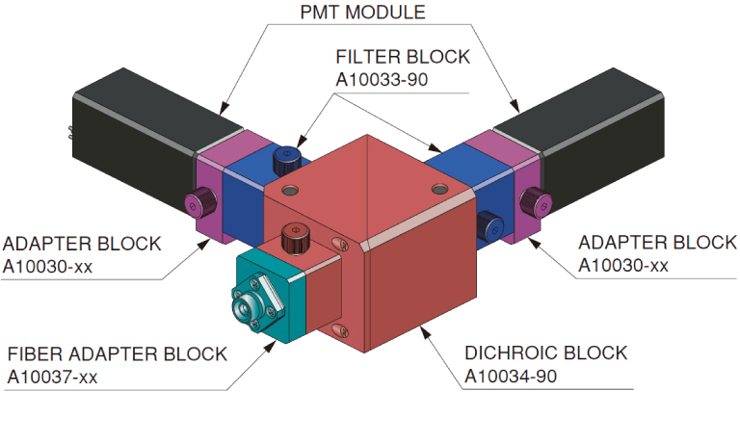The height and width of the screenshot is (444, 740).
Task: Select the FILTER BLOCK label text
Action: coord(403,57)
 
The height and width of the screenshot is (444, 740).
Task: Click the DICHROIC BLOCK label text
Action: coord(545,353)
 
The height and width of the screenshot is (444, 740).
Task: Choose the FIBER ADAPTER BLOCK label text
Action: coord(117,353)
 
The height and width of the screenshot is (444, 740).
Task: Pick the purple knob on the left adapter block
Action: coord(198,203)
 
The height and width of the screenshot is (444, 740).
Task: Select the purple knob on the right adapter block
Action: coord(532,201)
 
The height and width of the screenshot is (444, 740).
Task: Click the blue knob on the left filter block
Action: coord(285,156)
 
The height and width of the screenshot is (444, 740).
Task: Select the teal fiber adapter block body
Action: coord(279,289)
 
